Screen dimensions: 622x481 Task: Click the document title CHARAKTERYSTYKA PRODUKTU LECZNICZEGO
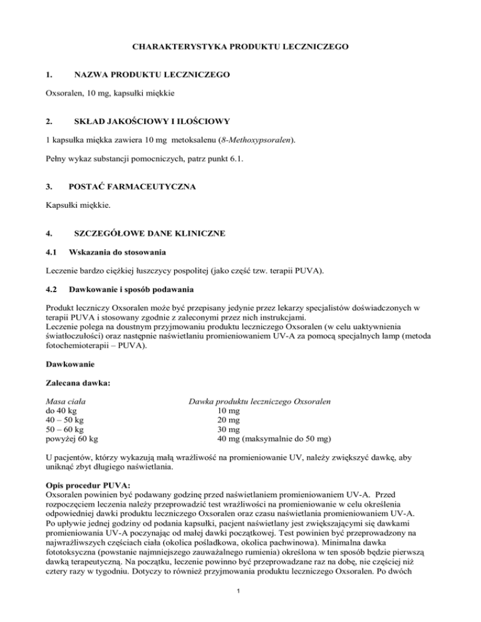coord(240,47)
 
